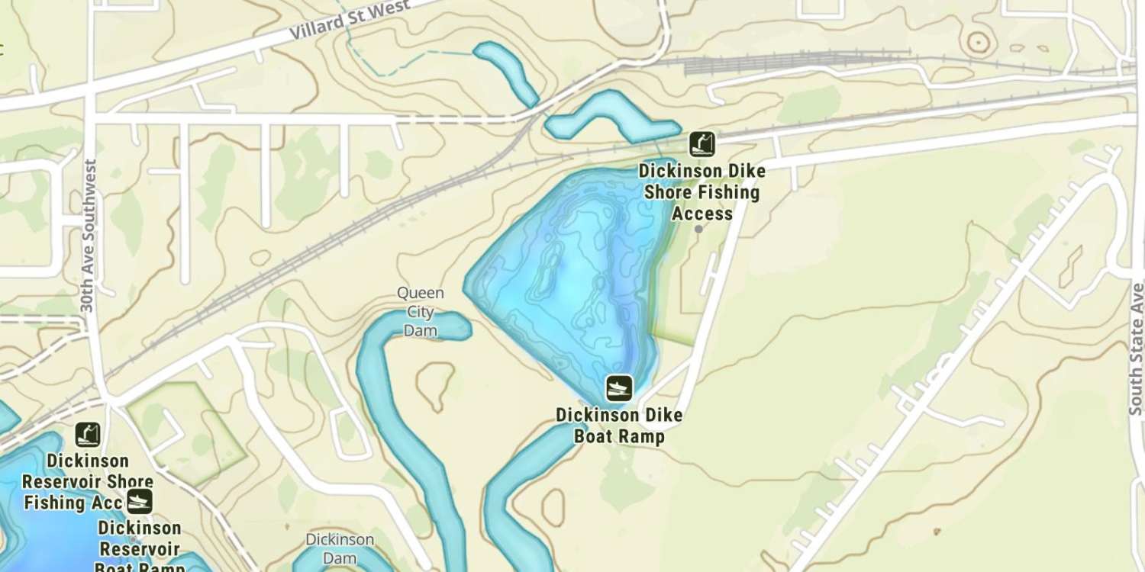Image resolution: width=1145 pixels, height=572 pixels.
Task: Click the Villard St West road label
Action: [x=350, y=21]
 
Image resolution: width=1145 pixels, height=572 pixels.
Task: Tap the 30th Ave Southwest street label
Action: [x=88, y=235]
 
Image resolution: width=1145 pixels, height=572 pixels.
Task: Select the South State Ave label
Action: [x=1137, y=349]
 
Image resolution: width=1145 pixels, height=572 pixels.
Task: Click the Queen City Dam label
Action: [x=420, y=311]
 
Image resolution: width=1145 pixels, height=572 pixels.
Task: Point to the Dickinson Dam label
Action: [x=340, y=548]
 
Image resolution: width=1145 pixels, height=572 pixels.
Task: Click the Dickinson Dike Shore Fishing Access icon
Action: [x=702, y=143]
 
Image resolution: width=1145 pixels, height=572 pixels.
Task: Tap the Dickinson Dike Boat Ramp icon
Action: [x=619, y=388]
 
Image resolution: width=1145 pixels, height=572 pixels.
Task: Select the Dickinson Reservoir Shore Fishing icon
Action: [x=88, y=435]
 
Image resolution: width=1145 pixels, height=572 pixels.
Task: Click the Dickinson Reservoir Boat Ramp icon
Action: [x=139, y=501]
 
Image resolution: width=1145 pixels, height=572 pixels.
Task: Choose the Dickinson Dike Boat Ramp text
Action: [x=619, y=426]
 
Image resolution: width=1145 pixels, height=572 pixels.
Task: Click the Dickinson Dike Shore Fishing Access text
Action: [x=702, y=191]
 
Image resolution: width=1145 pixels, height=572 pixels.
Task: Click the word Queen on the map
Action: [x=420, y=293]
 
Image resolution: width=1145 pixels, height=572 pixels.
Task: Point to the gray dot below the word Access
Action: [x=698, y=229]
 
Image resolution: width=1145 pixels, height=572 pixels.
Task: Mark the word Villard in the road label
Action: [x=314, y=31]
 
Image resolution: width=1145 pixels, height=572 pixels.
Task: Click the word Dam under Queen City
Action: [x=420, y=329]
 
